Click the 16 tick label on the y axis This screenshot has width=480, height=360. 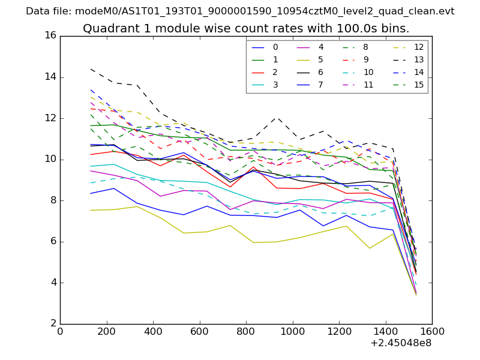(50, 35)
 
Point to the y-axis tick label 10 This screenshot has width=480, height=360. (50, 159)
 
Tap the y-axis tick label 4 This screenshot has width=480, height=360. (53, 283)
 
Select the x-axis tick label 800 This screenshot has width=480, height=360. (246, 331)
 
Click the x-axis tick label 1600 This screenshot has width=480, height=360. (431, 331)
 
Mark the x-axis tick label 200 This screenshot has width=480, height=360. (106, 331)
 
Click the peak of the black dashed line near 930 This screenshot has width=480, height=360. (276, 116)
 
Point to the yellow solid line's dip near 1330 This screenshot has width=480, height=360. (369, 248)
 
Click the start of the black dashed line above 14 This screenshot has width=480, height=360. (91, 68)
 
